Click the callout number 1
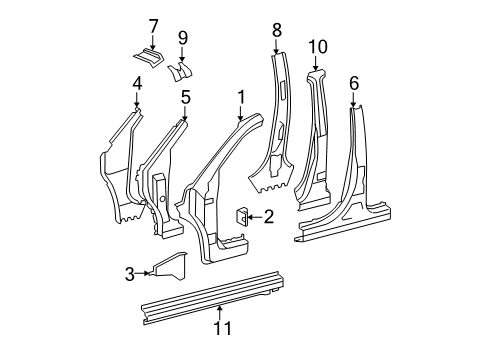tap(240, 97)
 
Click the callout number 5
tap(185, 97)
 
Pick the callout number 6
tap(353, 83)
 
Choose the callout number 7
tap(153, 25)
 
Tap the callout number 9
tap(182, 39)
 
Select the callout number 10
tap(318, 46)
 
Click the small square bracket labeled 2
tap(242, 214)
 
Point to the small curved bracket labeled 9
tap(182, 71)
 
